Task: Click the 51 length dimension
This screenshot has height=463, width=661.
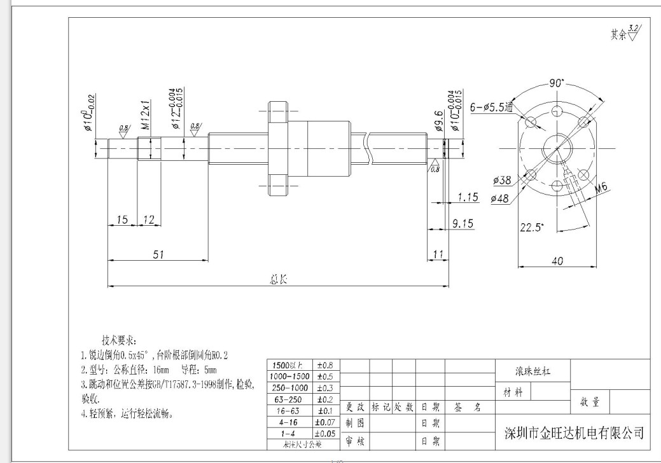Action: [158, 254]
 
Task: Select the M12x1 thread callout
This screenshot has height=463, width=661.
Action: [145, 114]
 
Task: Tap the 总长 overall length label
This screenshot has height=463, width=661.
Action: [279, 280]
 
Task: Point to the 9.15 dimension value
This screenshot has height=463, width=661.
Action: [462, 223]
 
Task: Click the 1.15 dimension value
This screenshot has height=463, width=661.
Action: [468, 197]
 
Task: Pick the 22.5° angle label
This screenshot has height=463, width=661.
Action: [532, 228]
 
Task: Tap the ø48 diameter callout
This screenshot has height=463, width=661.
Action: [500, 199]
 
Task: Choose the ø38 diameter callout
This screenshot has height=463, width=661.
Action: [502, 181]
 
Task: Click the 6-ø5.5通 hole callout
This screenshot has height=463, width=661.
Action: [491, 108]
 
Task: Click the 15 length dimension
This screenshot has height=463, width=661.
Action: [123, 219]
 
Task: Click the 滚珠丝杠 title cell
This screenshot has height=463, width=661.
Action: [532, 372]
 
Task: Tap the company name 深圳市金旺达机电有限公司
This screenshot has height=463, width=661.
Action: [573, 434]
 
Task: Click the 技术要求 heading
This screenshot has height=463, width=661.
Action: [119, 340]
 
